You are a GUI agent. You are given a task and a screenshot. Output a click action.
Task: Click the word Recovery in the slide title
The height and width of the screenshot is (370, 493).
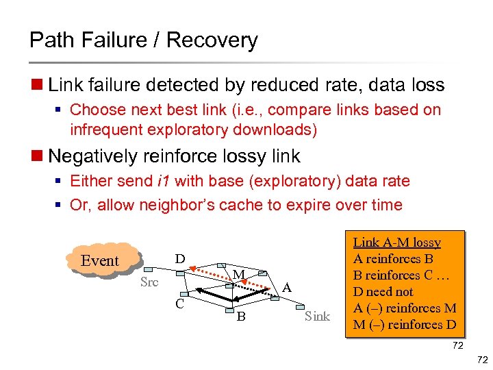[x=212, y=40]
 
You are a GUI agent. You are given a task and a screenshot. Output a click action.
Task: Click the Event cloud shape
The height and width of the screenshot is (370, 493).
[x=100, y=260]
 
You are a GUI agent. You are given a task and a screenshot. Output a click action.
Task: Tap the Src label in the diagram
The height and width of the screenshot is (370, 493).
[x=149, y=282]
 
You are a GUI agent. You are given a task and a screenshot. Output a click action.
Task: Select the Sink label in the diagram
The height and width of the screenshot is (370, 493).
[x=317, y=316]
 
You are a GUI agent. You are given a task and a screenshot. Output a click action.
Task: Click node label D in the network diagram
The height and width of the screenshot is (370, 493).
[x=179, y=259]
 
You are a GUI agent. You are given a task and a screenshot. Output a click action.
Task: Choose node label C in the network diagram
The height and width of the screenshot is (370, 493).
[x=179, y=304]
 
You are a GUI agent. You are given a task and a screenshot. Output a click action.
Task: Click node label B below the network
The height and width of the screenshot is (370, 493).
[x=240, y=317]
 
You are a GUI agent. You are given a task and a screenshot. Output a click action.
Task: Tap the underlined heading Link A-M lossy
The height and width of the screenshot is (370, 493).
[x=396, y=243]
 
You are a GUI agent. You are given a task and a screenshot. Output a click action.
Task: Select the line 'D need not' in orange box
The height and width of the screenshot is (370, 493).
[x=383, y=292]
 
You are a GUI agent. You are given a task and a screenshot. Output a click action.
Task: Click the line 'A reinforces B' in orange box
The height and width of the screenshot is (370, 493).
[x=393, y=259]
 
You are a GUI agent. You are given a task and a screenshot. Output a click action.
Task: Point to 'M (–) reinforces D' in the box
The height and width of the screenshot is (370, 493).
[x=404, y=325]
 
